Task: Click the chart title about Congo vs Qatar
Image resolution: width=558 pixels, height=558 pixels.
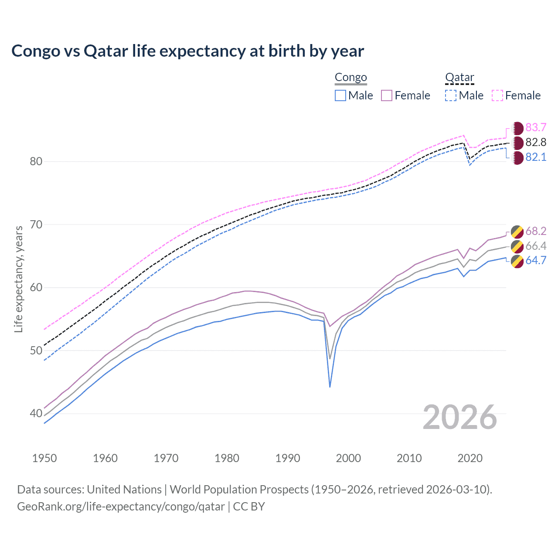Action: tap(187, 51)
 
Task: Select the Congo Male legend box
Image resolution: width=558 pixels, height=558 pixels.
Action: tap(340, 95)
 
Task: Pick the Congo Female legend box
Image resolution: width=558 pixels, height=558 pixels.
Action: tap(387, 95)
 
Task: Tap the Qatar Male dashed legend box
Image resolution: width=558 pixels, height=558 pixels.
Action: tap(451, 95)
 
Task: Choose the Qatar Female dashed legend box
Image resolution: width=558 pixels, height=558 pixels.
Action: tap(497, 95)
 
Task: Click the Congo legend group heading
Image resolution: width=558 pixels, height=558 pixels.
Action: tap(350, 78)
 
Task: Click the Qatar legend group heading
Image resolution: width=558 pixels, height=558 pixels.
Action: tap(459, 78)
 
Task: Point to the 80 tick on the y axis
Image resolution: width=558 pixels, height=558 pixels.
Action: tap(36, 162)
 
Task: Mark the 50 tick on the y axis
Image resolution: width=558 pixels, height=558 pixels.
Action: tap(36, 351)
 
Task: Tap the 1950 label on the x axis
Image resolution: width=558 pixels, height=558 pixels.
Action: tap(44, 458)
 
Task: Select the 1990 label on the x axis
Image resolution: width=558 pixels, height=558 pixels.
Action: tap(288, 458)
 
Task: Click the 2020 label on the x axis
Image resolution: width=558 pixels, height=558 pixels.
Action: tap(470, 458)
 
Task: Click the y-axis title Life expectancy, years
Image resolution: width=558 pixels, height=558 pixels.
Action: tap(18, 279)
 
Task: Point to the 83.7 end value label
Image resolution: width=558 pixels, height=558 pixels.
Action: tap(536, 127)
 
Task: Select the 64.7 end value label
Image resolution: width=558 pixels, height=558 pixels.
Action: tap(536, 260)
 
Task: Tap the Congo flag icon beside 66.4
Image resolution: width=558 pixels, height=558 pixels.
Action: tap(517, 246)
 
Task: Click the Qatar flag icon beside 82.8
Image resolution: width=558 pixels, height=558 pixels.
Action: tap(517, 143)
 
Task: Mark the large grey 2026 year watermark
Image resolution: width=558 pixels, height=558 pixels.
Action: tap(459, 417)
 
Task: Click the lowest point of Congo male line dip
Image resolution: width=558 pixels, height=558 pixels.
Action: tap(330, 387)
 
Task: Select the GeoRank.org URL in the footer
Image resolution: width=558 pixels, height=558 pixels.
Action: tap(121, 507)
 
